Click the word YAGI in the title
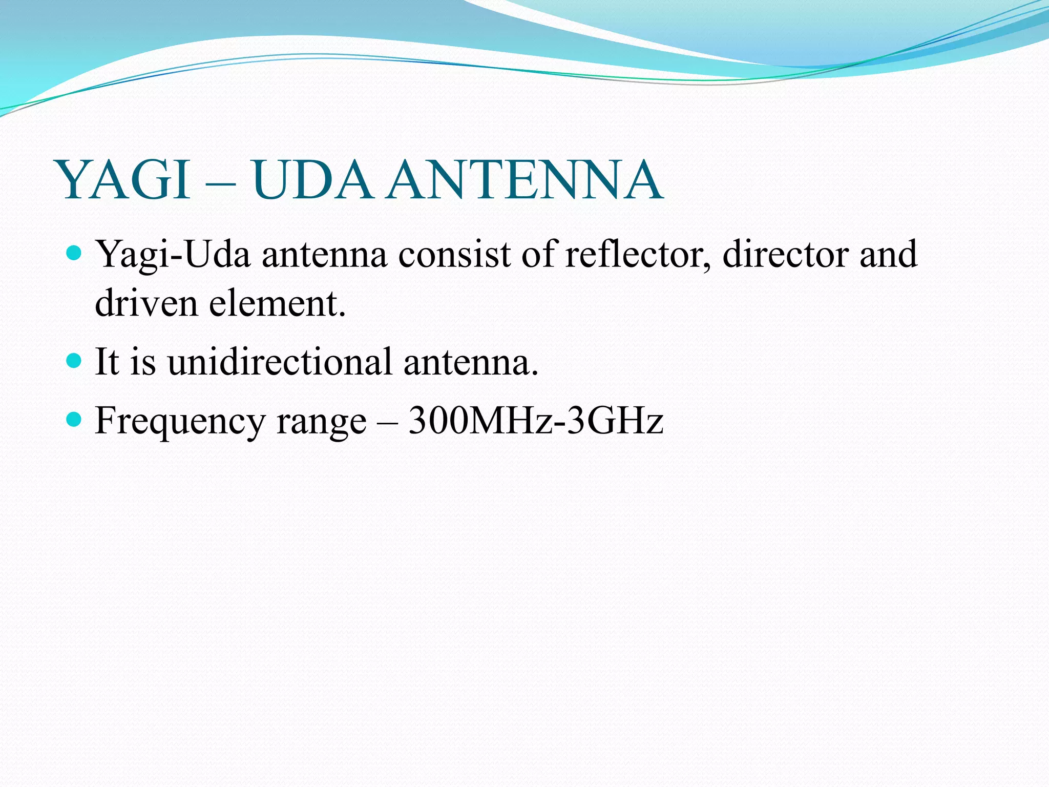tap(125, 180)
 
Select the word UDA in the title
tap(312, 180)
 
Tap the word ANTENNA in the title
tap(525, 180)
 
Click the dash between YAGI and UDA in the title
tap(222, 184)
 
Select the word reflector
tap(637, 254)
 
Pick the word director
tap(785, 254)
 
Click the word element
tap(277, 303)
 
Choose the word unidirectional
tap(280, 362)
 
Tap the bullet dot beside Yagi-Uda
tap(74, 253)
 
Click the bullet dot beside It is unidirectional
tap(74, 360)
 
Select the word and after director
tap(889, 254)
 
